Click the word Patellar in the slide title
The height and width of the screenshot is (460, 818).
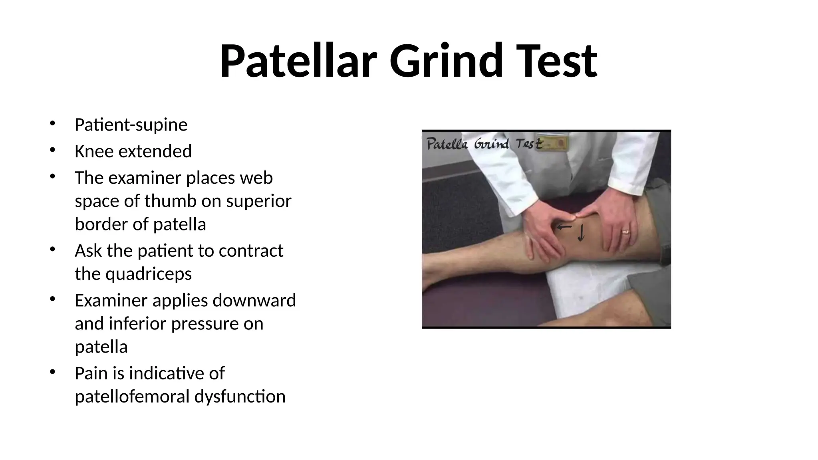tap(298, 61)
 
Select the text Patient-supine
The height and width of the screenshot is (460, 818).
tap(131, 125)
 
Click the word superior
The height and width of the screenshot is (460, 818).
tap(258, 201)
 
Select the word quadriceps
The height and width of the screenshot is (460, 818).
tap(149, 274)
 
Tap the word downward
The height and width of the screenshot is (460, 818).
tap(254, 300)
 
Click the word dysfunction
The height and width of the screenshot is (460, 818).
tap(240, 397)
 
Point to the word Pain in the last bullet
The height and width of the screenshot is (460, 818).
tap(91, 373)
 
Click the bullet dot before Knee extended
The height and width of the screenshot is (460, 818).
tap(52, 150)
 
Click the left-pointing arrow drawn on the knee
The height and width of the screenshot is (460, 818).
tap(564, 227)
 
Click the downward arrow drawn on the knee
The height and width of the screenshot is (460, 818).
tap(581, 233)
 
